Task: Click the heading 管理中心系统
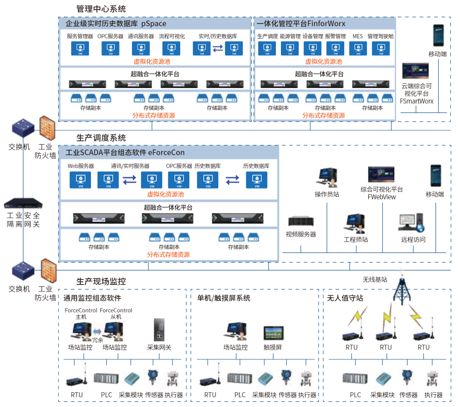[101, 9]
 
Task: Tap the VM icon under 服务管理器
[80, 48]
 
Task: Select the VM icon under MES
[358, 48]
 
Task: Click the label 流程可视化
[172, 36]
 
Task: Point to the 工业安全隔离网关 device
[23, 203]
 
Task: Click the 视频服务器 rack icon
[301, 221]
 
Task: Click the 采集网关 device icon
[159, 330]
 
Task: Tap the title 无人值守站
[345, 298]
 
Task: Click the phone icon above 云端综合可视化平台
[438, 36]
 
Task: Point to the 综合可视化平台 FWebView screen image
[381, 175]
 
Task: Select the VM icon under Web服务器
[80, 180]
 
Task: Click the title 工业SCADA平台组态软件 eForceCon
[125, 153]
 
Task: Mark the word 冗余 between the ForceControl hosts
[98, 340]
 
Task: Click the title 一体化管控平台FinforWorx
[301, 23]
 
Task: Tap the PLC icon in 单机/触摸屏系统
[239, 378]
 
